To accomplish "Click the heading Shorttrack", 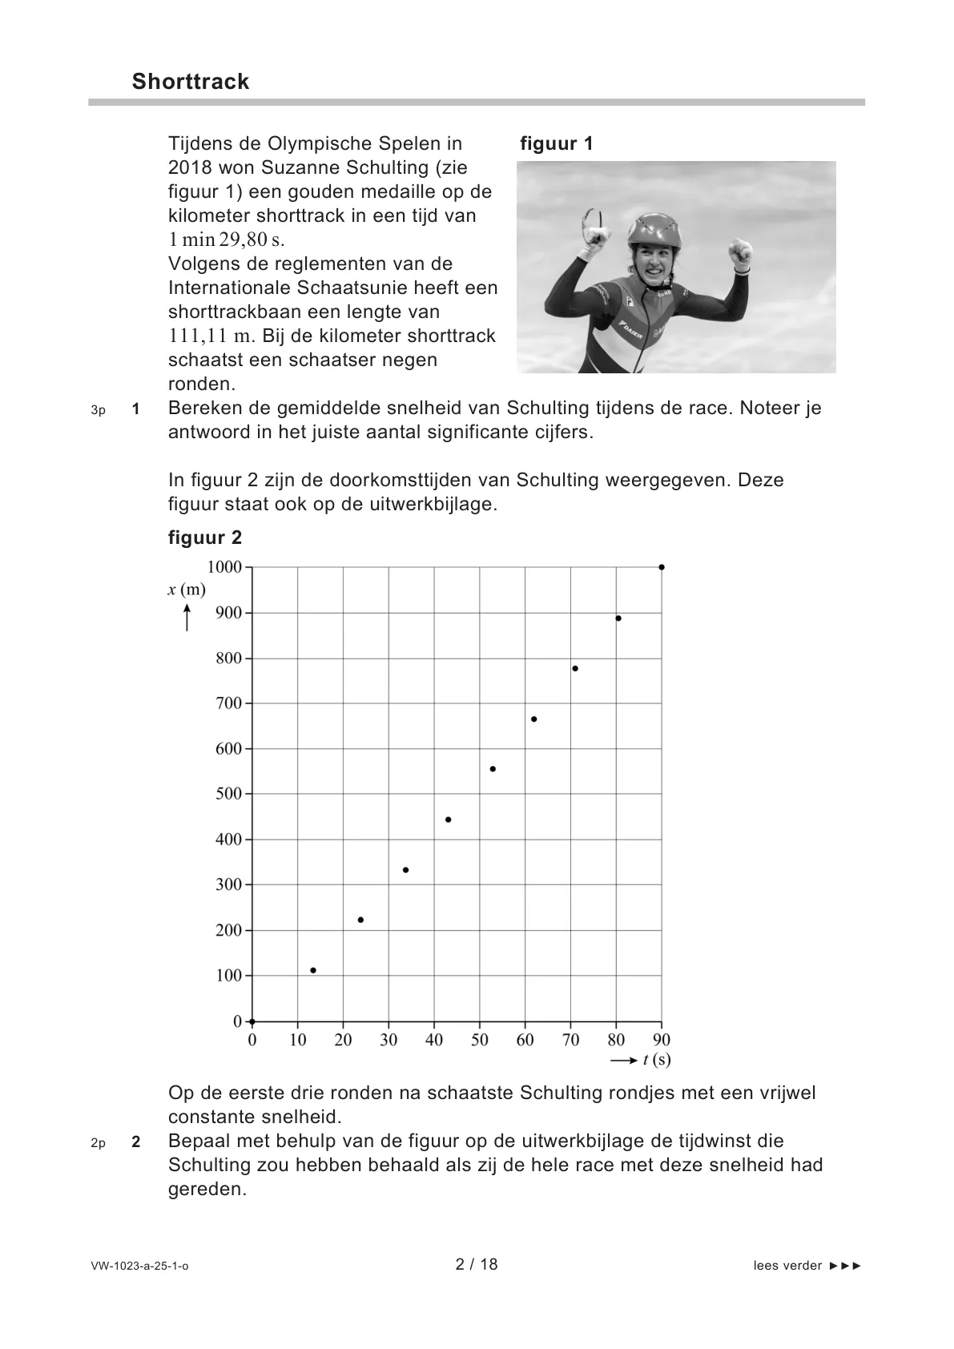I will click(191, 82).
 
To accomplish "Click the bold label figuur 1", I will click(557, 144).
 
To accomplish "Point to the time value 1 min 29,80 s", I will click(227, 240).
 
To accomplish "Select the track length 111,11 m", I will click(210, 336).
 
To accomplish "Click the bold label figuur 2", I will click(205, 538).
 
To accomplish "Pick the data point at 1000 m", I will click(661, 567).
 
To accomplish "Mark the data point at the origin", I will click(252, 1021).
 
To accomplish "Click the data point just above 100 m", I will click(313, 970).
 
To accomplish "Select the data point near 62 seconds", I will click(534, 719).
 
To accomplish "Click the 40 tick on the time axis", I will click(434, 1040).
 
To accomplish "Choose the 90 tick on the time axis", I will click(662, 1040).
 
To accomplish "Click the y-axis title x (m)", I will click(187, 590).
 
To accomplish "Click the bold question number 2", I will click(136, 1142).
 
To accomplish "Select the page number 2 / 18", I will click(477, 1264).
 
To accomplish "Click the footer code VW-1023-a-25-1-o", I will click(140, 1266).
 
